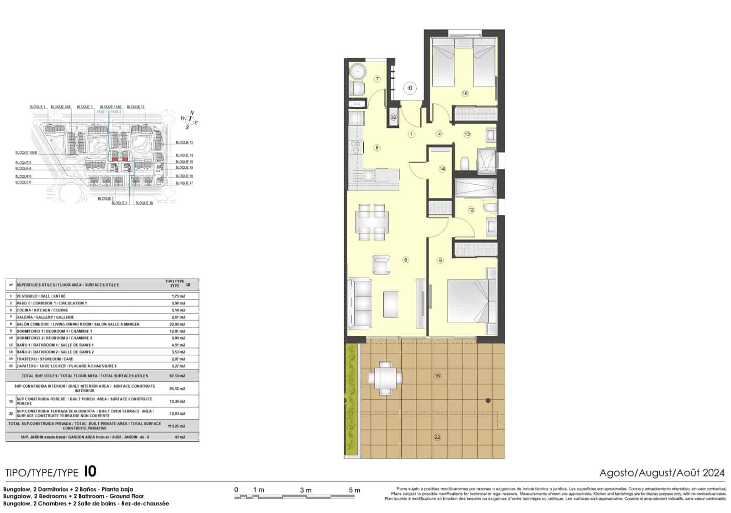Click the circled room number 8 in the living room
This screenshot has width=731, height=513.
(x=405, y=260)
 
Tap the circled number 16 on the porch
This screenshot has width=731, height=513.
(x=437, y=376)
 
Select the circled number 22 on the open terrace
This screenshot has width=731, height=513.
(x=437, y=437)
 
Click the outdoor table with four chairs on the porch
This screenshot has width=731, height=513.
(x=385, y=378)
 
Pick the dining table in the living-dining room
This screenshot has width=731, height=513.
(x=371, y=223)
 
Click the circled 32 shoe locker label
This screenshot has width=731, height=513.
(x=393, y=117)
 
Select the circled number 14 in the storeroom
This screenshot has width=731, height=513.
(x=442, y=169)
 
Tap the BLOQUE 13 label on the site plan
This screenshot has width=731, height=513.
(x=184, y=143)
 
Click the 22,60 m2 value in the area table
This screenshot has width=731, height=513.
(x=178, y=324)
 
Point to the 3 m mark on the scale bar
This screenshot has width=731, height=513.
(x=306, y=490)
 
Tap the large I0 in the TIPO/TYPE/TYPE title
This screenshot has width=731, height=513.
(x=90, y=471)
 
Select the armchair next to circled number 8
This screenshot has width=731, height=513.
(x=381, y=264)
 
